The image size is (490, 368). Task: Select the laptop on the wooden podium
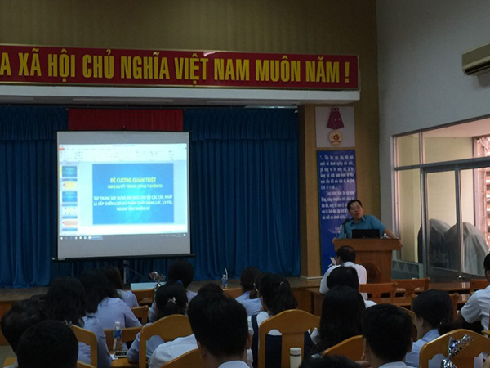(x=365, y=233)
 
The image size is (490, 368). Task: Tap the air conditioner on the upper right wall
(x=475, y=58)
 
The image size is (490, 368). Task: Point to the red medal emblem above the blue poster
(x=335, y=123)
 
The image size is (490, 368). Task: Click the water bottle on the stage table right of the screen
(x=225, y=278)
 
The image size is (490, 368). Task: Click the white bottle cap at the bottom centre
(x=295, y=353)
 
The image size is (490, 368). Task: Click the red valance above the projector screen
(x=126, y=119)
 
